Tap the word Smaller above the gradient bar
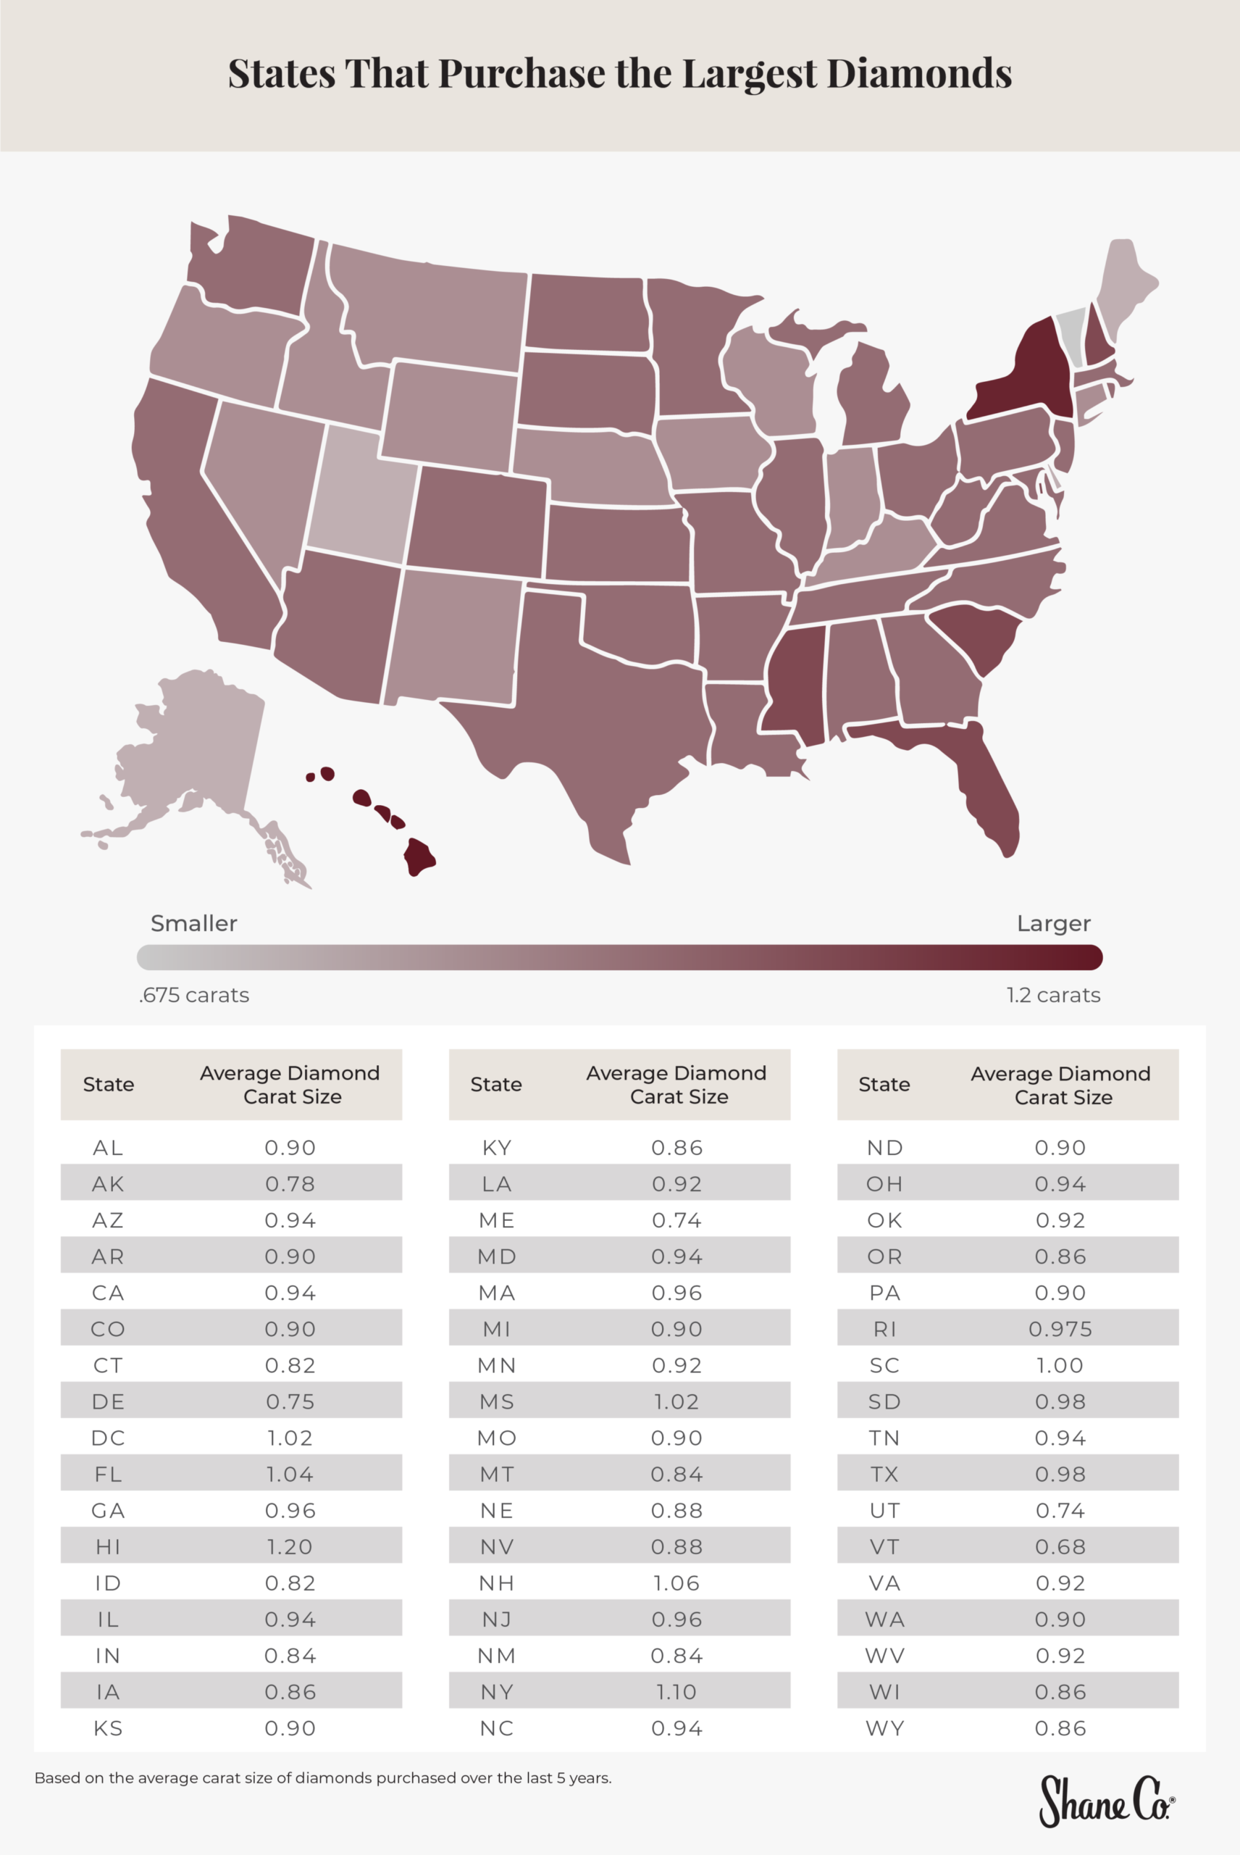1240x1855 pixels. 194,923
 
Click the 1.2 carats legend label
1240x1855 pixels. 1052,995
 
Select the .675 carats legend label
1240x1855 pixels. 194,995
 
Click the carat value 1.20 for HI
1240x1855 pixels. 290,1546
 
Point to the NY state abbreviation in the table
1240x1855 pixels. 497,1692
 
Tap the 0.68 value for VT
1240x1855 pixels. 1060,1546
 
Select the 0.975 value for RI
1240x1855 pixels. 1060,1329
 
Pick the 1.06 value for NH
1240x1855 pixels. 676,1583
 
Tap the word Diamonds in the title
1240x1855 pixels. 919,74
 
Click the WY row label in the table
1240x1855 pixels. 884,1728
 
